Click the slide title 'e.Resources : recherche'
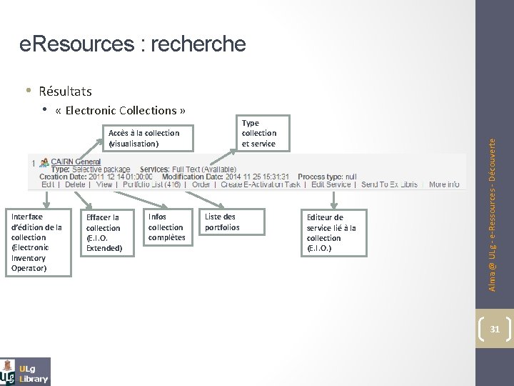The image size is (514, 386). [133, 45]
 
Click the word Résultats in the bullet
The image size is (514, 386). [65, 91]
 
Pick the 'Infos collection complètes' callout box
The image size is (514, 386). [166, 227]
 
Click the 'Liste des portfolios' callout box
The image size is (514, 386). [227, 222]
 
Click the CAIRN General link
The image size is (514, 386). [75, 162]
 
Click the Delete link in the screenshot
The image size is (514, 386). [76, 184]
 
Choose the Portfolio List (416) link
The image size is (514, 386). [151, 184]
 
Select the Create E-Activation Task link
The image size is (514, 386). [261, 184]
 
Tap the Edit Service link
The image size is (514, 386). [331, 184]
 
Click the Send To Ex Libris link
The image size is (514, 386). [389, 184]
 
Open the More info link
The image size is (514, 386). [444, 184]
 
